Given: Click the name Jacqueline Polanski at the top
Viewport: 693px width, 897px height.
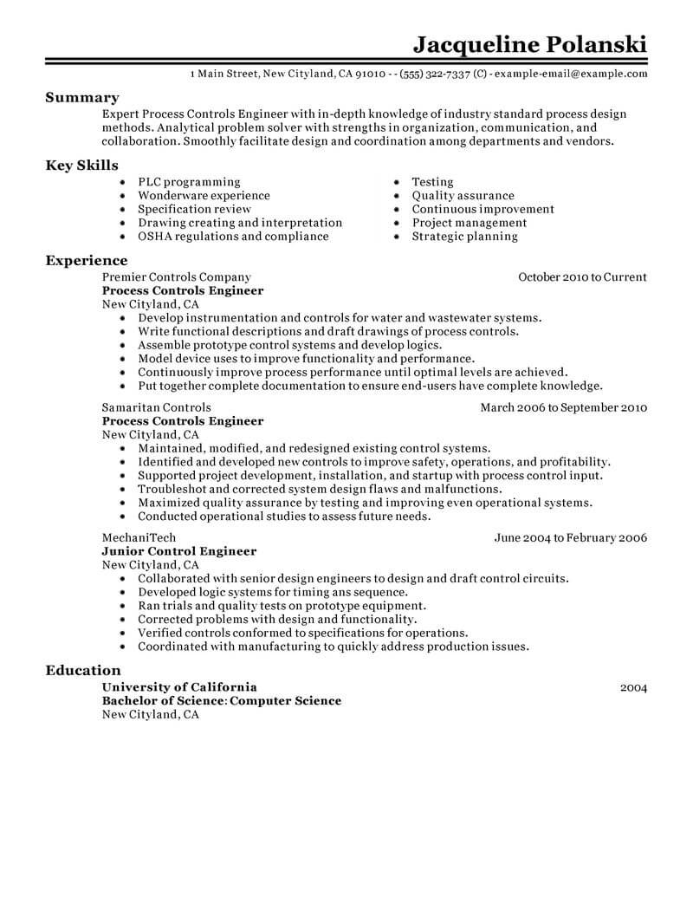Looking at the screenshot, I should [x=529, y=43].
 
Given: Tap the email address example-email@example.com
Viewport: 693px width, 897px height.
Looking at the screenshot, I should [x=571, y=75].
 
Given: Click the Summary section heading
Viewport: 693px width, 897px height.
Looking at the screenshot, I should [x=82, y=98].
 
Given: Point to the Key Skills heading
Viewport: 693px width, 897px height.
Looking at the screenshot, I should [x=82, y=166].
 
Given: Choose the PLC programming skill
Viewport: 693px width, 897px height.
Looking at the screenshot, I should [x=189, y=182].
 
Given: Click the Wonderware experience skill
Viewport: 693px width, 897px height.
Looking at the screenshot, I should [x=204, y=196].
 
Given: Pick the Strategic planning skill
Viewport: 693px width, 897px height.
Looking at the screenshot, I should [x=464, y=236].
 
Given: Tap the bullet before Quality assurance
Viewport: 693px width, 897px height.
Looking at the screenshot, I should [x=395, y=196].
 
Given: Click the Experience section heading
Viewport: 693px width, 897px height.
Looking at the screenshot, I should [x=87, y=260].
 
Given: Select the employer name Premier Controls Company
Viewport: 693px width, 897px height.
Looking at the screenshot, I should [x=176, y=277].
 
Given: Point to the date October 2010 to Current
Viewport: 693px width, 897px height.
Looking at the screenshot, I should [x=582, y=277].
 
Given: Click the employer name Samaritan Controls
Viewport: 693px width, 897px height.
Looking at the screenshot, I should [x=156, y=407].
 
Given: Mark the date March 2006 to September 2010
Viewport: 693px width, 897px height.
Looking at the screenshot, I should [x=564, y=407].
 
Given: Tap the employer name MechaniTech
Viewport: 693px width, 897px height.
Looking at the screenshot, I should [x=139, y=537].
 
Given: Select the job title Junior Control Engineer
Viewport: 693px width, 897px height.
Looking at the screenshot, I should [x=179, y=551].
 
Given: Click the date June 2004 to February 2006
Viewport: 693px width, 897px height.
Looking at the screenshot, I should [x=571, y=537].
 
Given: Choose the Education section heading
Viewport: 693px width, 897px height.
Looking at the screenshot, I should [x=83, y=670].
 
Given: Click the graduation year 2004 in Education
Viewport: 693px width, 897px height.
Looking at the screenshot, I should [x=633, y=687].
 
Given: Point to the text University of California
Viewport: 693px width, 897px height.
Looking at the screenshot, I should [x=179, y=687].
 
